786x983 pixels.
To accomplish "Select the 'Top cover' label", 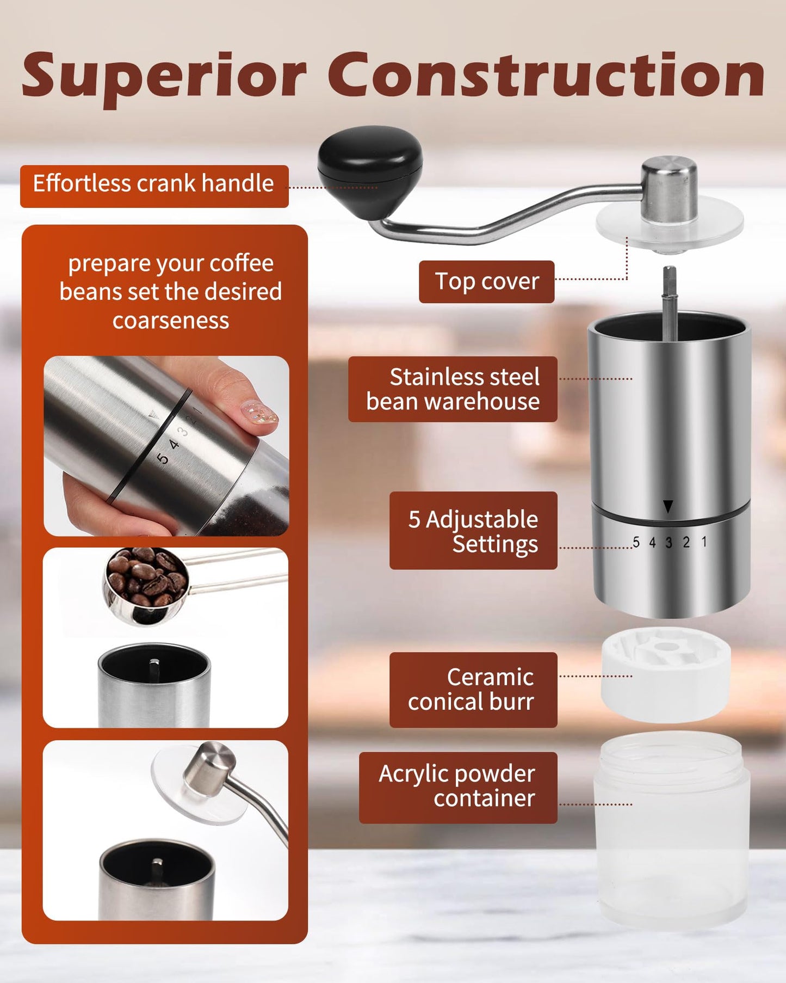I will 486,281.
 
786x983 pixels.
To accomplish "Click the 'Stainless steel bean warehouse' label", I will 453,389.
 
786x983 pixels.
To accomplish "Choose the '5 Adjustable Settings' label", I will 473,531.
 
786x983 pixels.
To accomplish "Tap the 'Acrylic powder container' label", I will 458,787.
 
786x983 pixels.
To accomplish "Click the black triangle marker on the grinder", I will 668,507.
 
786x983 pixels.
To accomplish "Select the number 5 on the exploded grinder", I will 636,542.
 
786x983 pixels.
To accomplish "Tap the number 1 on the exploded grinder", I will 704,542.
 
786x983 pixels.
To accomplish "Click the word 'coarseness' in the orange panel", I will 171,321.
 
